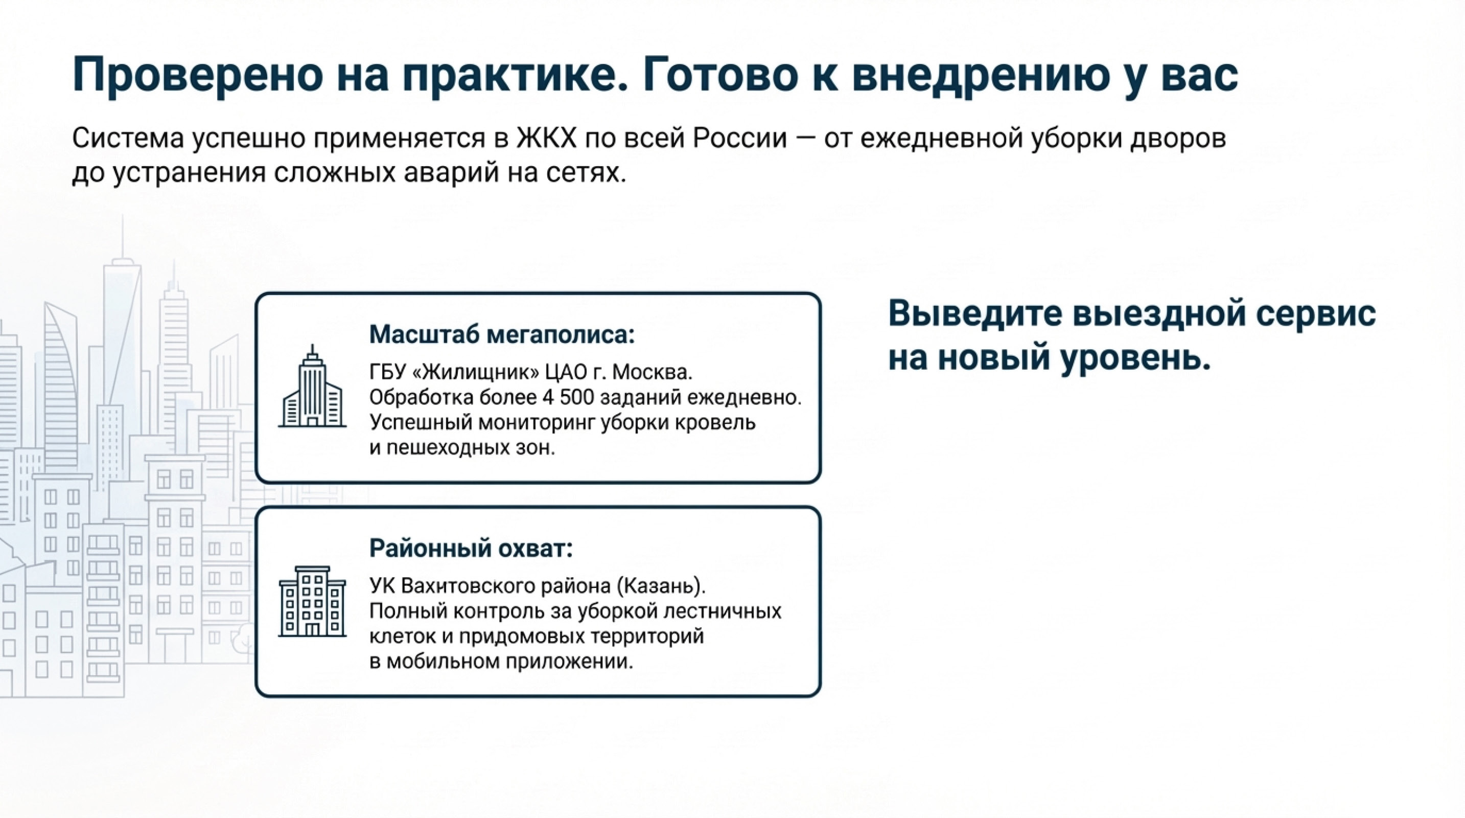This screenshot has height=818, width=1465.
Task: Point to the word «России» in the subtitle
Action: pyautogui.click(x=739, y=138)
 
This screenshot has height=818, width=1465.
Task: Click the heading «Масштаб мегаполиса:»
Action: pyautogui.click(x=502, y=334)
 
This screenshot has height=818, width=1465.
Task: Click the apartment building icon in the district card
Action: pyautogui.click(x=312, y=602)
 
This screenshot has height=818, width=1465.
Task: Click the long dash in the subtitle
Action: pyautogui.click(x=805, y=139)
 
